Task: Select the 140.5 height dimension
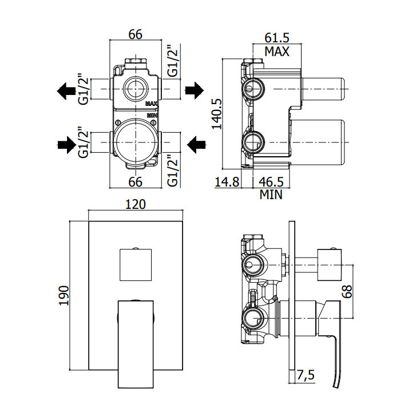pyautogui.click(x=216, y=114)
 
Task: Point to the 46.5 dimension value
pyautogui.click(x=271, y=183)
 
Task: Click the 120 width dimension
pyautogui.click(x=135, y=204)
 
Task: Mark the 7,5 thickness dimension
pyautogui.click(x=307, y=376)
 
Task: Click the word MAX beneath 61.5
pyautogui.click(x=276, y=51)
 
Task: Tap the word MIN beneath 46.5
pyautogui.click(x=271, y=195)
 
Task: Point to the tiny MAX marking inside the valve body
pyautogui.click(x=151, y=104)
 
